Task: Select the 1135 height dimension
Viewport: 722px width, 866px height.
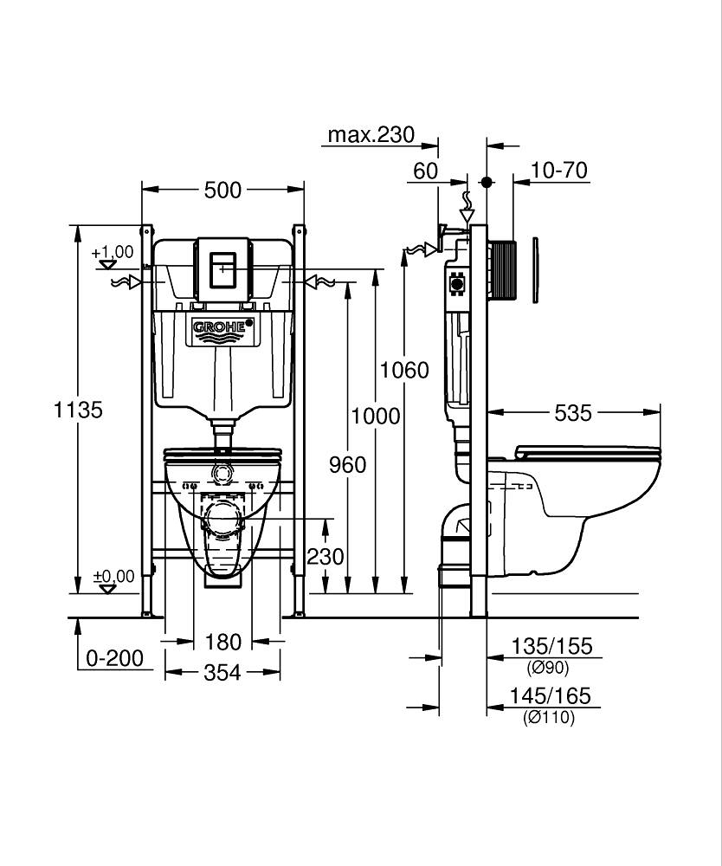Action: point(80,410)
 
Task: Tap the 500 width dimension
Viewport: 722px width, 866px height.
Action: point(222,190)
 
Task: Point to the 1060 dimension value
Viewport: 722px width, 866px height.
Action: point(404,370)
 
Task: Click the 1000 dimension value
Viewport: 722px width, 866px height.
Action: point(376,416)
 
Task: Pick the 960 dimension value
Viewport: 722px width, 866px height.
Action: point(347,465)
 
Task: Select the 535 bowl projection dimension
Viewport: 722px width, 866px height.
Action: point(574,413)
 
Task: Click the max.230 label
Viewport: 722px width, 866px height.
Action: point(371,135)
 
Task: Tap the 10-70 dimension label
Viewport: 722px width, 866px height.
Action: point(558,171)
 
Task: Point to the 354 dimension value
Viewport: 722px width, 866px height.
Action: point(222,673)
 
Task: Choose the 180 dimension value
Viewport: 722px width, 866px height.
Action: point(222,643)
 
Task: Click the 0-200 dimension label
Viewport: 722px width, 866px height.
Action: point(114,658)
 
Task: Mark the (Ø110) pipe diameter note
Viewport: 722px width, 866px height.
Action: point(549,717)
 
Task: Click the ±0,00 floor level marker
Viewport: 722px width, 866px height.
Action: point(113,577)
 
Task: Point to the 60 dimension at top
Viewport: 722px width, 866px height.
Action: point(425,171)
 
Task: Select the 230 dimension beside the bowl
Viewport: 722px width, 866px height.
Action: point(326,556)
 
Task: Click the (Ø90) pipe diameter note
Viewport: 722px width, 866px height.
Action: point(548,667)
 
